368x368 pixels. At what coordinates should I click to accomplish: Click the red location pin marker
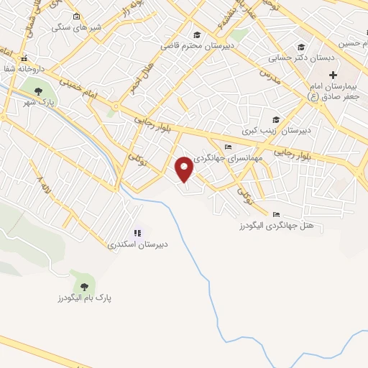pos(185,169)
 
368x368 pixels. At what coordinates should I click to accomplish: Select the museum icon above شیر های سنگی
pos(77,16)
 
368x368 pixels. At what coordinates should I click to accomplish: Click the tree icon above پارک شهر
pos(38,91)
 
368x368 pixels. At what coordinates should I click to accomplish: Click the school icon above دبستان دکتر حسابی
pos(301,47)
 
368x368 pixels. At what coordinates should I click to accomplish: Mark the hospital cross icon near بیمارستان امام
pos(333,75)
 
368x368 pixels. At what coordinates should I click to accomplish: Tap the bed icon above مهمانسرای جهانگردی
pos(229,147)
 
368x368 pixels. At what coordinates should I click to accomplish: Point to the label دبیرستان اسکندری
pos(138,244)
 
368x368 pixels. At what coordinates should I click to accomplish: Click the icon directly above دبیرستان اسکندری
pos(137,232)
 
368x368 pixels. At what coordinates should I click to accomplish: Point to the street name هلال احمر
pos(136,78)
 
